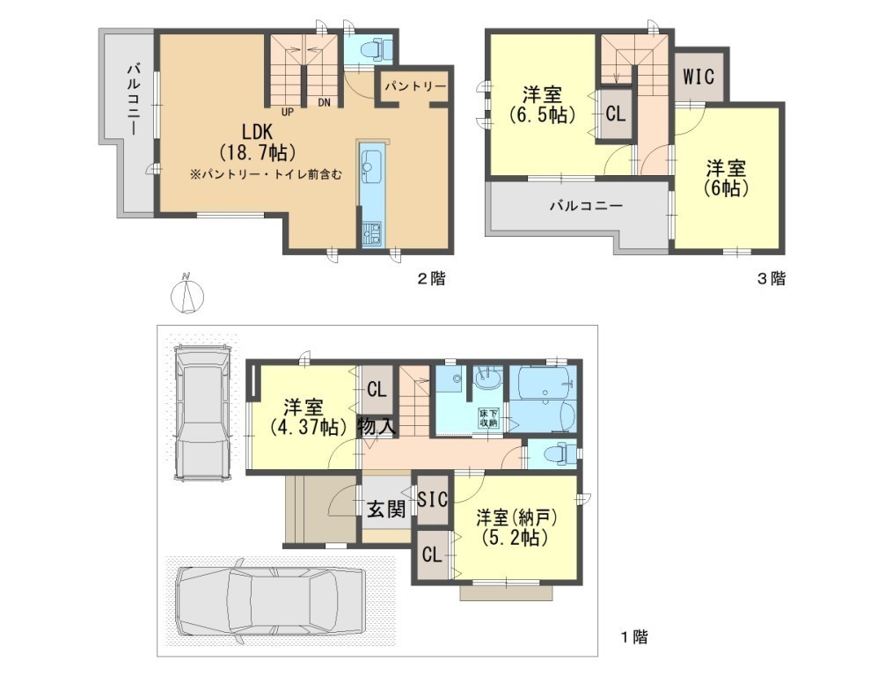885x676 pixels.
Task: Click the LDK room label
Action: pyautogui.click(x=257, y=132)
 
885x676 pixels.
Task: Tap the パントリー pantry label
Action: pyautogui.click(x=415, y=86)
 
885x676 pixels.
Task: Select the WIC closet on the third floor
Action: pyautogui.click(x=698, y=77)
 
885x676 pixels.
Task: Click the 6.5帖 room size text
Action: pyautogui.click(x=542, y=114)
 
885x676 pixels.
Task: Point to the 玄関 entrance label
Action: pyautogui.click(x=386, y=510)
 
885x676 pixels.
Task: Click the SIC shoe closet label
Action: pyautogui.click(x=432, y=499)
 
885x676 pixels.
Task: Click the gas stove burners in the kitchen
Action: pyautogui.click(x=371, y=232)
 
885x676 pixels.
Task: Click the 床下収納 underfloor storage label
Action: pyautogui.click(x=488, y=417)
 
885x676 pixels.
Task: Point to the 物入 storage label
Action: pyautogui.click(x=377, y=426)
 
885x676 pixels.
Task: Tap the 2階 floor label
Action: pyautogui.click(x=431, y=278)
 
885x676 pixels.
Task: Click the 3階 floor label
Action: pyautogui.click(x=771, y=278)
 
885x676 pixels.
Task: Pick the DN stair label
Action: pyautogui.click(x=324, y=103)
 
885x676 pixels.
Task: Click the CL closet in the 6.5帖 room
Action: pyautogui.click(x=615, y=114)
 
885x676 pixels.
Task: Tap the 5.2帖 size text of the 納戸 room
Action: pyautogui.click(x=515, y=537)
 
